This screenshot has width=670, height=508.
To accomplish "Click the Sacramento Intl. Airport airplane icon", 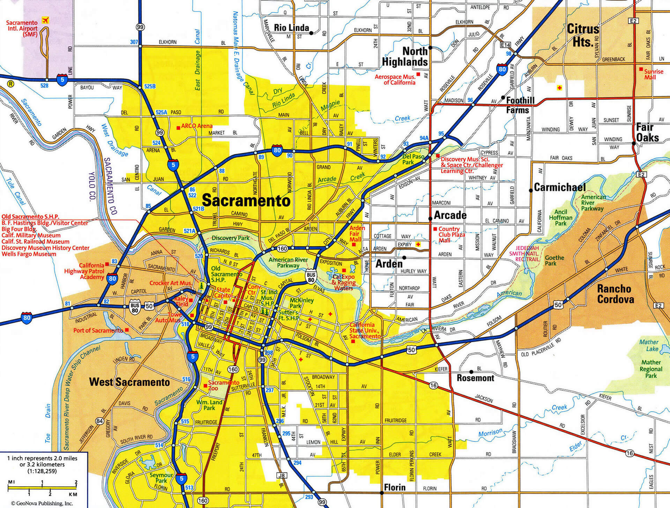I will [44, 20].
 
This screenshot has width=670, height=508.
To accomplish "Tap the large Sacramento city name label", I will [246, 201].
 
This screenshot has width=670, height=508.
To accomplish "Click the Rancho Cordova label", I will [616, 294].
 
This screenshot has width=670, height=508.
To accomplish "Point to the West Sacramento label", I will [129, 382].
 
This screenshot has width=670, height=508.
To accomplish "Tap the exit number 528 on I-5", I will [44, 85].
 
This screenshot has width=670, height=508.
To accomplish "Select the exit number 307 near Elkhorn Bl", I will [134, 42].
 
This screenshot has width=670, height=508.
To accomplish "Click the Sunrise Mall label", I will [653, 74].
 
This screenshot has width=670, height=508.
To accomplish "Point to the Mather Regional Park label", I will [651, 369].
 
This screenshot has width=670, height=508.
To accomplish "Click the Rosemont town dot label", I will [475, 378].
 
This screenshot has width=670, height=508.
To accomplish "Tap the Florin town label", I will [395, 487].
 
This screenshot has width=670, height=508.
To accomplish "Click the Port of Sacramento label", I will [98, 330].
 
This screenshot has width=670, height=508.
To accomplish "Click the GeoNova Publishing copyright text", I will [42, 503].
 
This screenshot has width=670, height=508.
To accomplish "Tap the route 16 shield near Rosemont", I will [433, 386].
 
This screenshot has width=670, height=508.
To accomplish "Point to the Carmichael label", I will [560, 187].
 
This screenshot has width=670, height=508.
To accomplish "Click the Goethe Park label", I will [554, 260].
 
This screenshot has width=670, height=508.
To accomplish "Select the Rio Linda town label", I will [291, 28].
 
